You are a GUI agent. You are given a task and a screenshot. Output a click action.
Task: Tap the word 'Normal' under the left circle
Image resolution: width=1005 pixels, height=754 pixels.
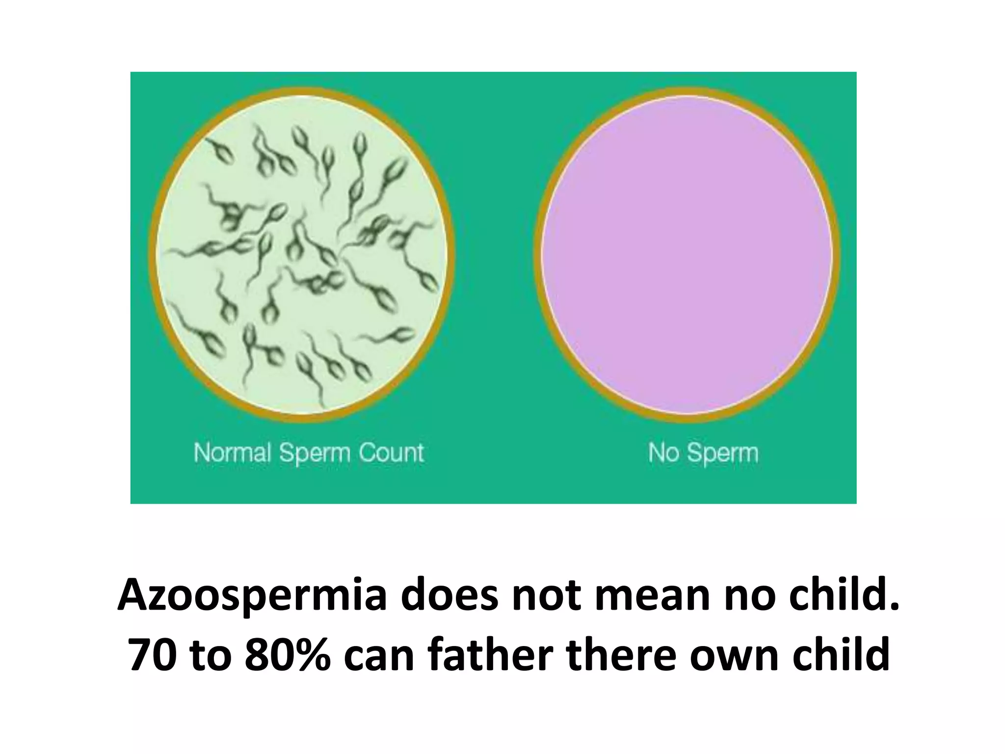(x=232, y=453)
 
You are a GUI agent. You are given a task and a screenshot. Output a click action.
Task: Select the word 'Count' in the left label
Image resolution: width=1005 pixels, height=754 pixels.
(x=391, y=453)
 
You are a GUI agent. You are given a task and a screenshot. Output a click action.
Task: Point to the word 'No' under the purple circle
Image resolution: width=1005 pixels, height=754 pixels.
(x=664, y=453)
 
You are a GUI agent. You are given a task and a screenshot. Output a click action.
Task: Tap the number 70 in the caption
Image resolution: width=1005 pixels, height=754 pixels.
(x=153, y=655)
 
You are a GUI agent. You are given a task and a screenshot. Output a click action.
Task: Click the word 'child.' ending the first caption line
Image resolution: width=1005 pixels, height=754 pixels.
(x=847, y=595)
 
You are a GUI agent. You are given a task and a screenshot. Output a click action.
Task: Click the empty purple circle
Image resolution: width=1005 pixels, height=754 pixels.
(x=687, y=254)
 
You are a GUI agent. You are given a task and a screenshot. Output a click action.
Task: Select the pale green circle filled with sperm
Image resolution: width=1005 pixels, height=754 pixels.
(x=301, y=254)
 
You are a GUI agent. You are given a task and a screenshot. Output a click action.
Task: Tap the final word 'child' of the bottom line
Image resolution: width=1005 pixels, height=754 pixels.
(x=841, y=655)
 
